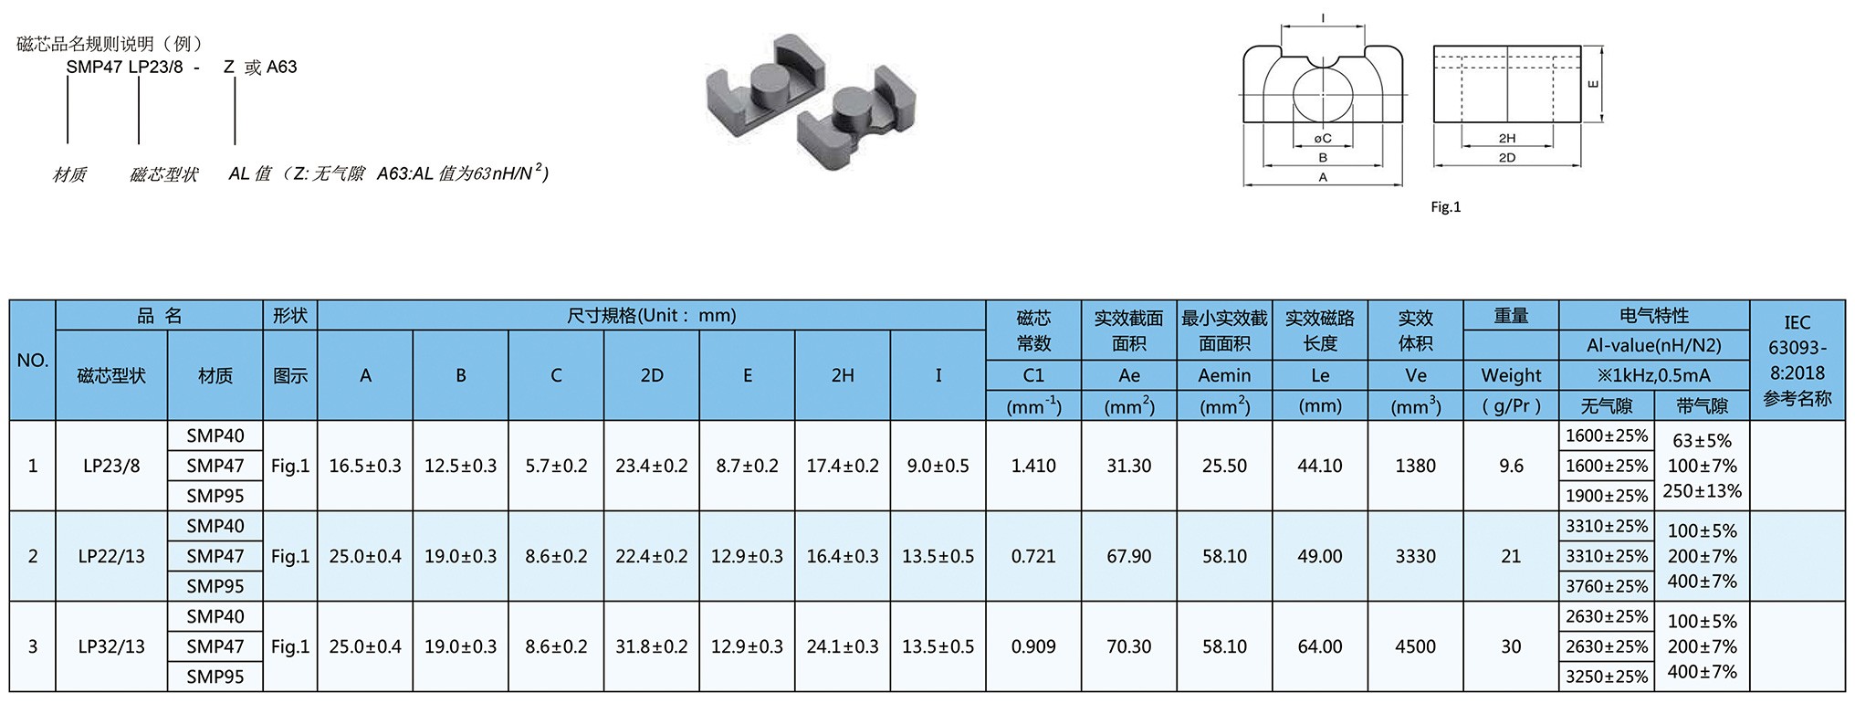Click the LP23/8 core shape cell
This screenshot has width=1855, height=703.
click(x=111, y=466)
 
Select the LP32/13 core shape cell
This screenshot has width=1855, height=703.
click(x=111, y=646)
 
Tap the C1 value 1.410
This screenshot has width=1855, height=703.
click(x=1033, y=466)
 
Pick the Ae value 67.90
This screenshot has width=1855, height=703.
click(x=1129, y=556)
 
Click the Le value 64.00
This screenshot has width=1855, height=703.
click(x=1320, y=646)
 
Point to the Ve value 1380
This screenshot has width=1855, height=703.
click(x=1416, y=466)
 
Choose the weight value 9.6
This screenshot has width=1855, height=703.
click(x=1512, y=466)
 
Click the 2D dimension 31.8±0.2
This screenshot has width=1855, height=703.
click(x=652, y=646)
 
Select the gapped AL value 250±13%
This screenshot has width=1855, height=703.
click(x=1703, y=490)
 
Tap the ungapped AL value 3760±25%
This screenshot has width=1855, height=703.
click(x=1607, y=586)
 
